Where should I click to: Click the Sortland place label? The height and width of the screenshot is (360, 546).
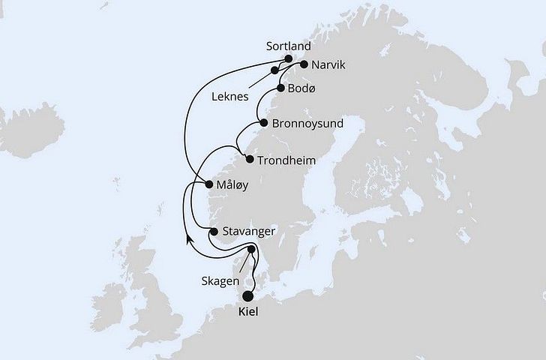click(289, 46)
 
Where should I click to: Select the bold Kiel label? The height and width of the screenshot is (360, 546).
click(249, 313)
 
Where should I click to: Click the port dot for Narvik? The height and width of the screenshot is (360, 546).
click(304, 64)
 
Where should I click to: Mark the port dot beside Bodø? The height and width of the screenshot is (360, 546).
click(280, 88)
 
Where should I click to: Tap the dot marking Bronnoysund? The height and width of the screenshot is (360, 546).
click(263, 122)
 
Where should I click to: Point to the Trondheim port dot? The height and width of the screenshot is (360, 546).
click(250, 160)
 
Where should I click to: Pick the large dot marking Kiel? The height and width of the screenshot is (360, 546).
click(249, 296)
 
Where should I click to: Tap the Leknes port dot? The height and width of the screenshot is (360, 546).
click(275, 70)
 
